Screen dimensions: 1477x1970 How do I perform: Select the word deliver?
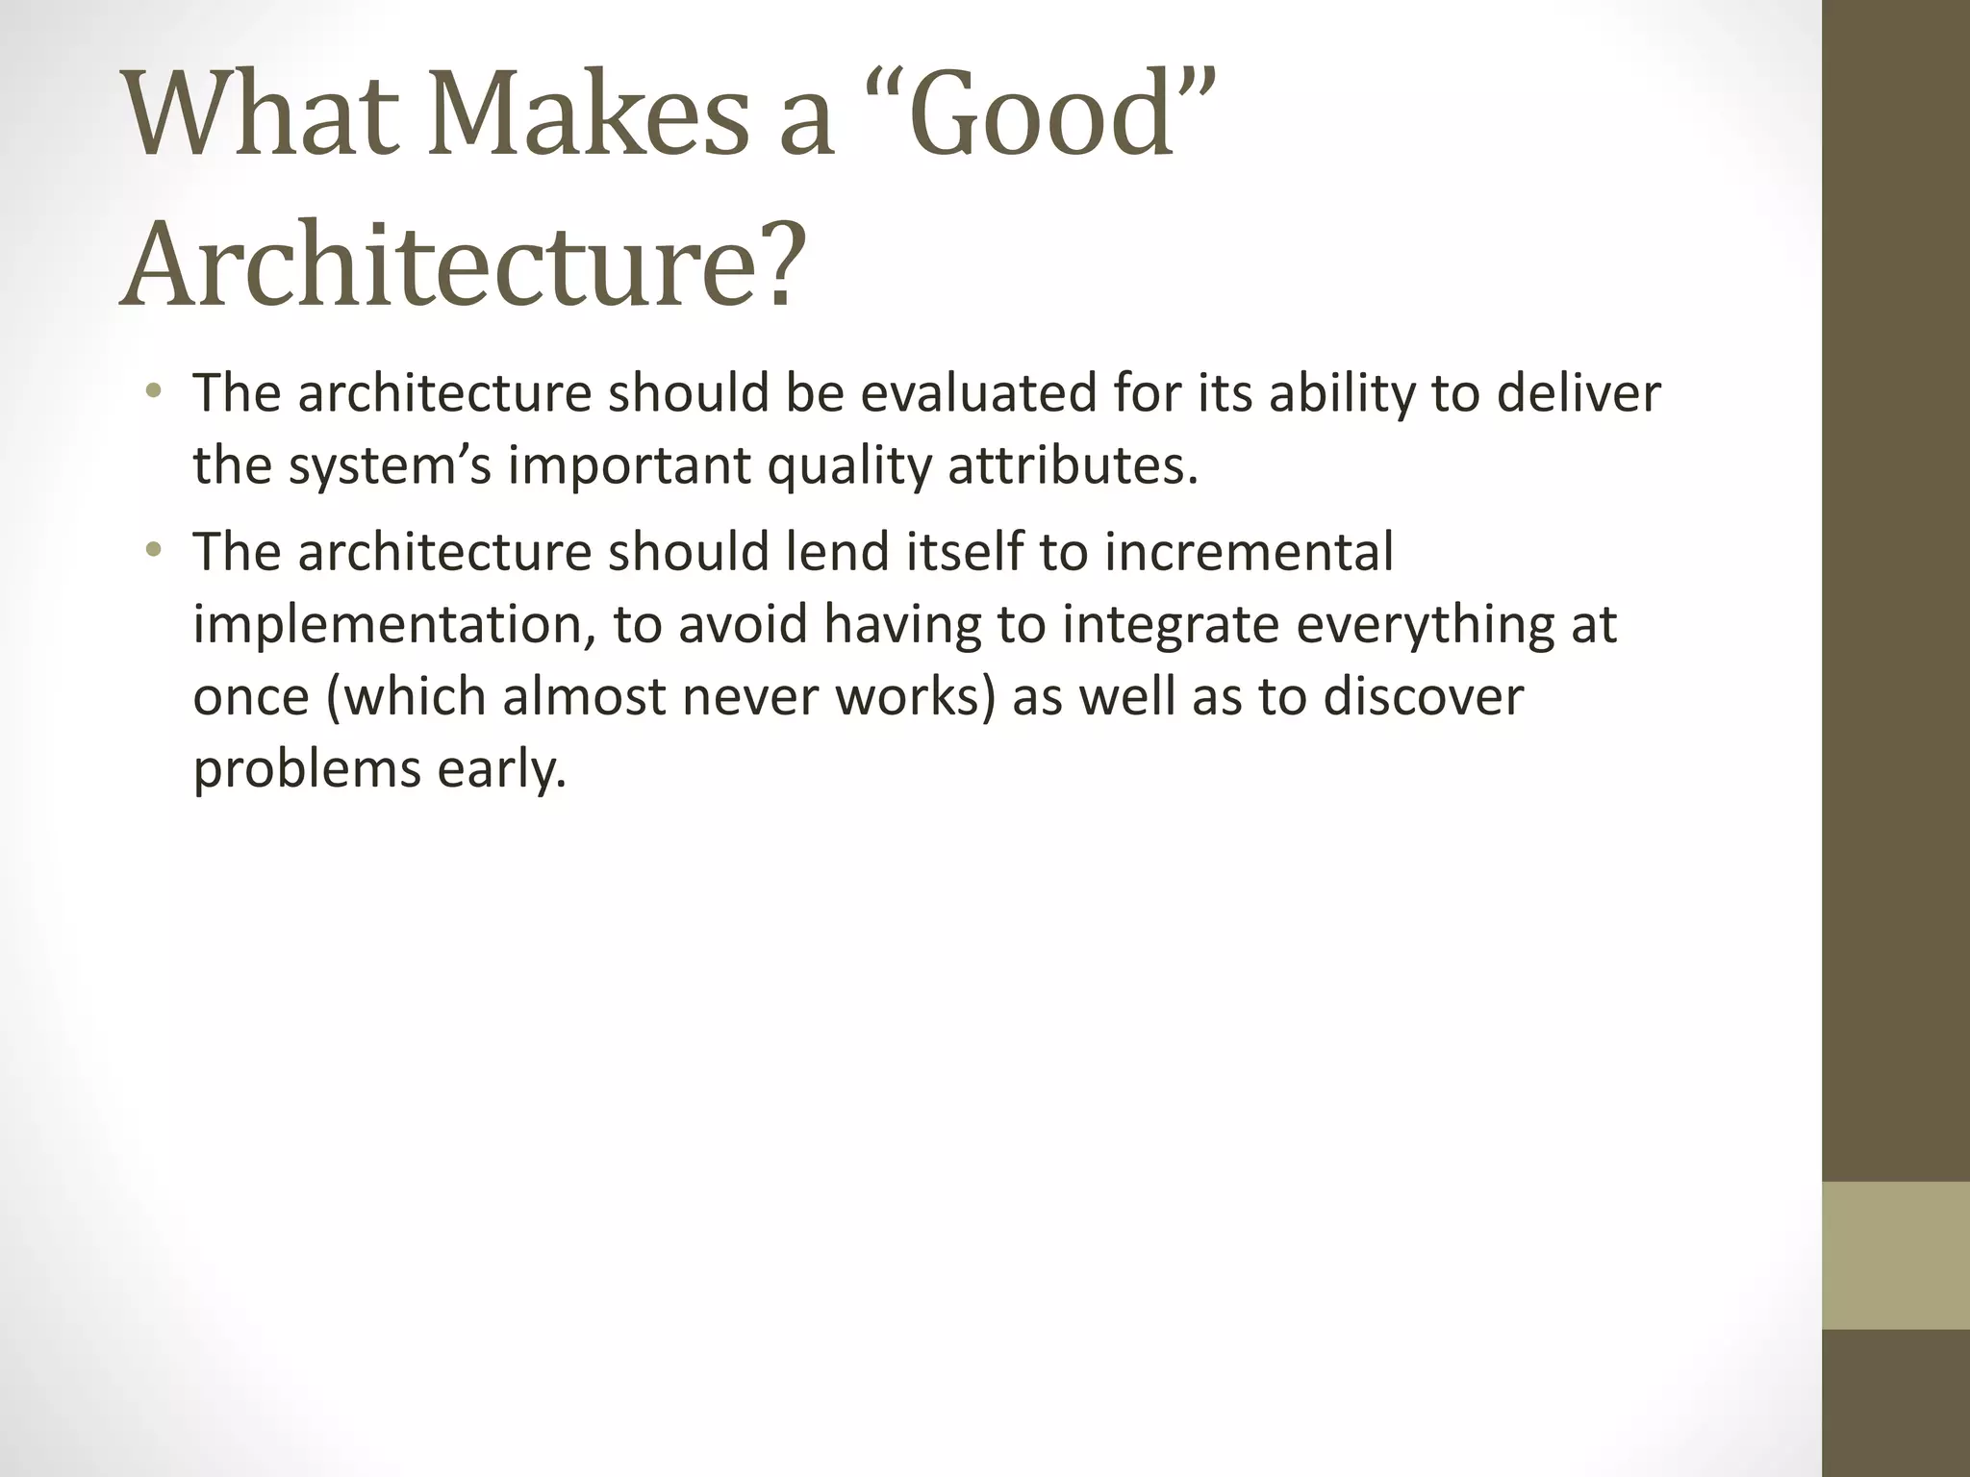pos(1578,394)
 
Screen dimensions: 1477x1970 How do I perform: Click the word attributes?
pos(1073,466)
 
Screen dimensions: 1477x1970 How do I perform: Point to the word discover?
pos(1424,697)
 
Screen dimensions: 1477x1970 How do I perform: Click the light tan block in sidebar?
pos(1895,1255)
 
